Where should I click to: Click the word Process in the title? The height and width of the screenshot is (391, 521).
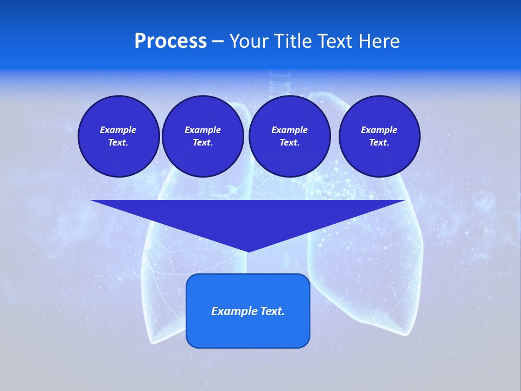170,41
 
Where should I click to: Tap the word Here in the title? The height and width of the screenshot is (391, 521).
379,41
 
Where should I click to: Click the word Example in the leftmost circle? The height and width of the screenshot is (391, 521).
118,130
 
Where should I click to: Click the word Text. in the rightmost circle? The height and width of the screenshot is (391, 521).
379,142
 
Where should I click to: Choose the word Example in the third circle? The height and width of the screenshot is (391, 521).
289,130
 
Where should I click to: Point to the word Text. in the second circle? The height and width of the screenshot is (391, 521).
202,142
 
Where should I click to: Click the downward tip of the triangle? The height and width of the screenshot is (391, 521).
248,251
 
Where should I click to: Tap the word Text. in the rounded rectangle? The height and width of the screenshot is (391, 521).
272,311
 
